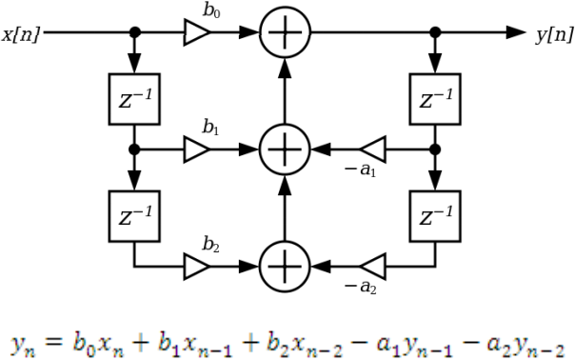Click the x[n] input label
pyautogui.click(x=21, y=34)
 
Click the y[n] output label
pyautogui.click(x=554, y=34)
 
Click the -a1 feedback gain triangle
pyautogui.click(x=372, y=150)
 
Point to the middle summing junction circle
pyautogui.click(x=284, y=150)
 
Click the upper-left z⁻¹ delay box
pyautogui.click(x=134, y=93)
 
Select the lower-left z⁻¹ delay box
pyautogui.click(x=134, y=209)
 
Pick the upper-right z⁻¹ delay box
pyautogui.click(x=435, y=93)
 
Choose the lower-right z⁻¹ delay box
pyautogui.click(x=435, y=209)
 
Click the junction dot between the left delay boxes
pyautogui.click(x=135, y=150)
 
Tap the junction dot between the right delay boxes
pyautogui.click(x=435, y=150)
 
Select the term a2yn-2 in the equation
pyautogui.click(x=523, y=333)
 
